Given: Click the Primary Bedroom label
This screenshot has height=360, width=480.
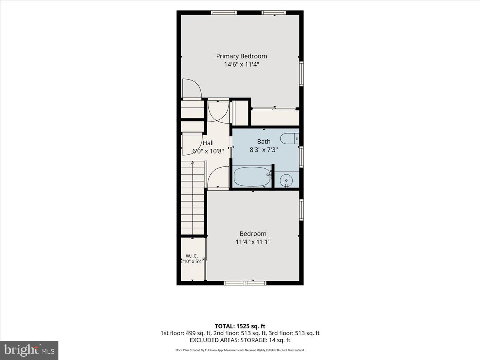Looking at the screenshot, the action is pyautogui.click(x=242, y=56).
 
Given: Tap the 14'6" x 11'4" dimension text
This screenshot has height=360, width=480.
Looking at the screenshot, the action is pyautogui.click(x=242, y=64).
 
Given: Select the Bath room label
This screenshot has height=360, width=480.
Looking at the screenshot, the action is pyautogui.click(x=264, y=142).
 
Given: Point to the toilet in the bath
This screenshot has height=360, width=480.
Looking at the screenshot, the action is pyautogui.click(x=290, y=138).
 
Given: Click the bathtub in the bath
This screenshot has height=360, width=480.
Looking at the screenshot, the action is pyautogui.click(x=252, y=177).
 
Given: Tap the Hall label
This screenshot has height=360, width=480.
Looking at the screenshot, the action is pyautogui.click(x=208, y=143).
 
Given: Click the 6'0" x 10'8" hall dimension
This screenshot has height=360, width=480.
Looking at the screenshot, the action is pyautogui.click(x=208, y=151).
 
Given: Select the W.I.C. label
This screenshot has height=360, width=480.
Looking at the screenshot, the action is pyautogui.click(x=192, y=256).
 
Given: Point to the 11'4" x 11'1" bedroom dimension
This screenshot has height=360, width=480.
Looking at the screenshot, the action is pyautogui.click(x=253, y=242).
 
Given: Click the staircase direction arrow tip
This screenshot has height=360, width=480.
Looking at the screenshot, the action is pyautogui.click(x=192, y=162).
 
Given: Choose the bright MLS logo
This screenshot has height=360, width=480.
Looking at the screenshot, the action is pyautogui.click(x=29, y=350).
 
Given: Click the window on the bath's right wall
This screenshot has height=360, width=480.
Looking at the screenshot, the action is pyautogui.click(x=301, y=157).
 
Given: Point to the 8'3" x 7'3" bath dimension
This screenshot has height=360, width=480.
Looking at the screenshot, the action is pyautogui.click(x=264, y=150).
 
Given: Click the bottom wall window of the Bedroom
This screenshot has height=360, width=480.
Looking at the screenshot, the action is pyautogui.click(x=245, y=283).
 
